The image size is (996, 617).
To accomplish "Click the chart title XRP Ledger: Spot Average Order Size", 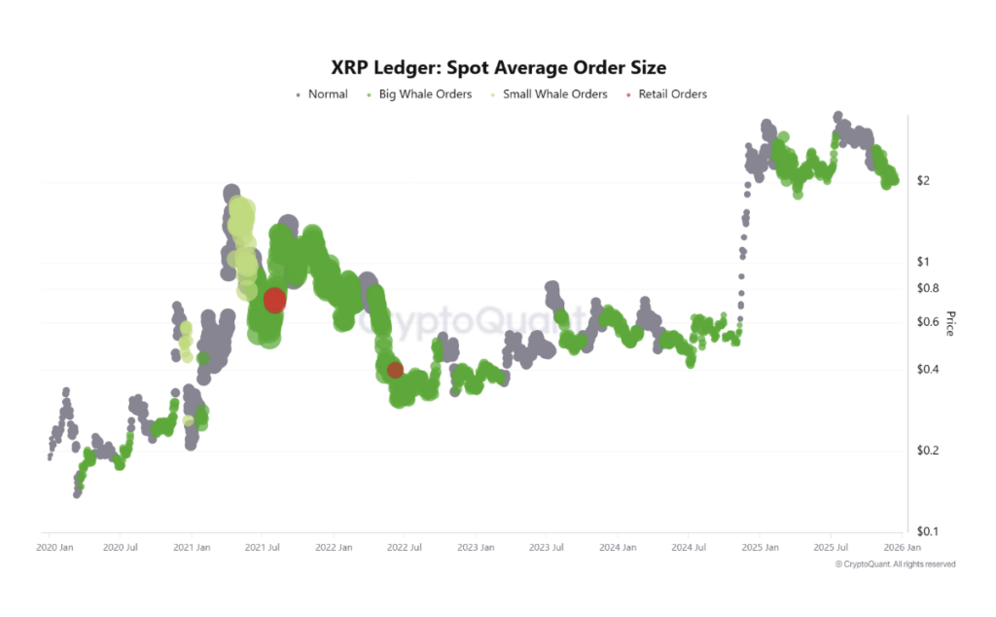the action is (x=499, y=67).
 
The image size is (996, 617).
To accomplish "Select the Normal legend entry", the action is (x=322, y=94).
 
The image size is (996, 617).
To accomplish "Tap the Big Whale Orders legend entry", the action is (x=419, y=94).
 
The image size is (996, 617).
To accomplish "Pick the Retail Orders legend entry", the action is (x=666, y=94).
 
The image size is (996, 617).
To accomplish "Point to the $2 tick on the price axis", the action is (x=923, y=180).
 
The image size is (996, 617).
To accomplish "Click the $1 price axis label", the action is (x=923, y=261).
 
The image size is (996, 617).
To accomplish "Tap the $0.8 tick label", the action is (x=927, y=288).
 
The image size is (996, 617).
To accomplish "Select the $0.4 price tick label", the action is (x=927, y=369).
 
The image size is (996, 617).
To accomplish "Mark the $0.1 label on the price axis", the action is (x=927, y=531).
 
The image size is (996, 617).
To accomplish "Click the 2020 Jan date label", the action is (x=54, y=547).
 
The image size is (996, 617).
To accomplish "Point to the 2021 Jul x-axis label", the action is (x=263, y=547).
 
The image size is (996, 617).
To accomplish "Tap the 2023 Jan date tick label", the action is (x=476, y=547).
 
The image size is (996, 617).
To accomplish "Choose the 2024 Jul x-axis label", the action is (x=689, y=547).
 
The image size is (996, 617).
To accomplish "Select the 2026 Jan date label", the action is (x=902, y=547).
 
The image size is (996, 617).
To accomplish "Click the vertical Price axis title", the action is (x=950, y=323).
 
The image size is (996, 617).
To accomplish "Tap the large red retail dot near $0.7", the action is (x=274, y=300).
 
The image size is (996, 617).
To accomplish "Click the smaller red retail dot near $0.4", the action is (x=395, y=370).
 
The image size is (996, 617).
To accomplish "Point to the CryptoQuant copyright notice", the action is (x=895, y=564).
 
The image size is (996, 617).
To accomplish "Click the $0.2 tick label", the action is (x=927, y=451).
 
